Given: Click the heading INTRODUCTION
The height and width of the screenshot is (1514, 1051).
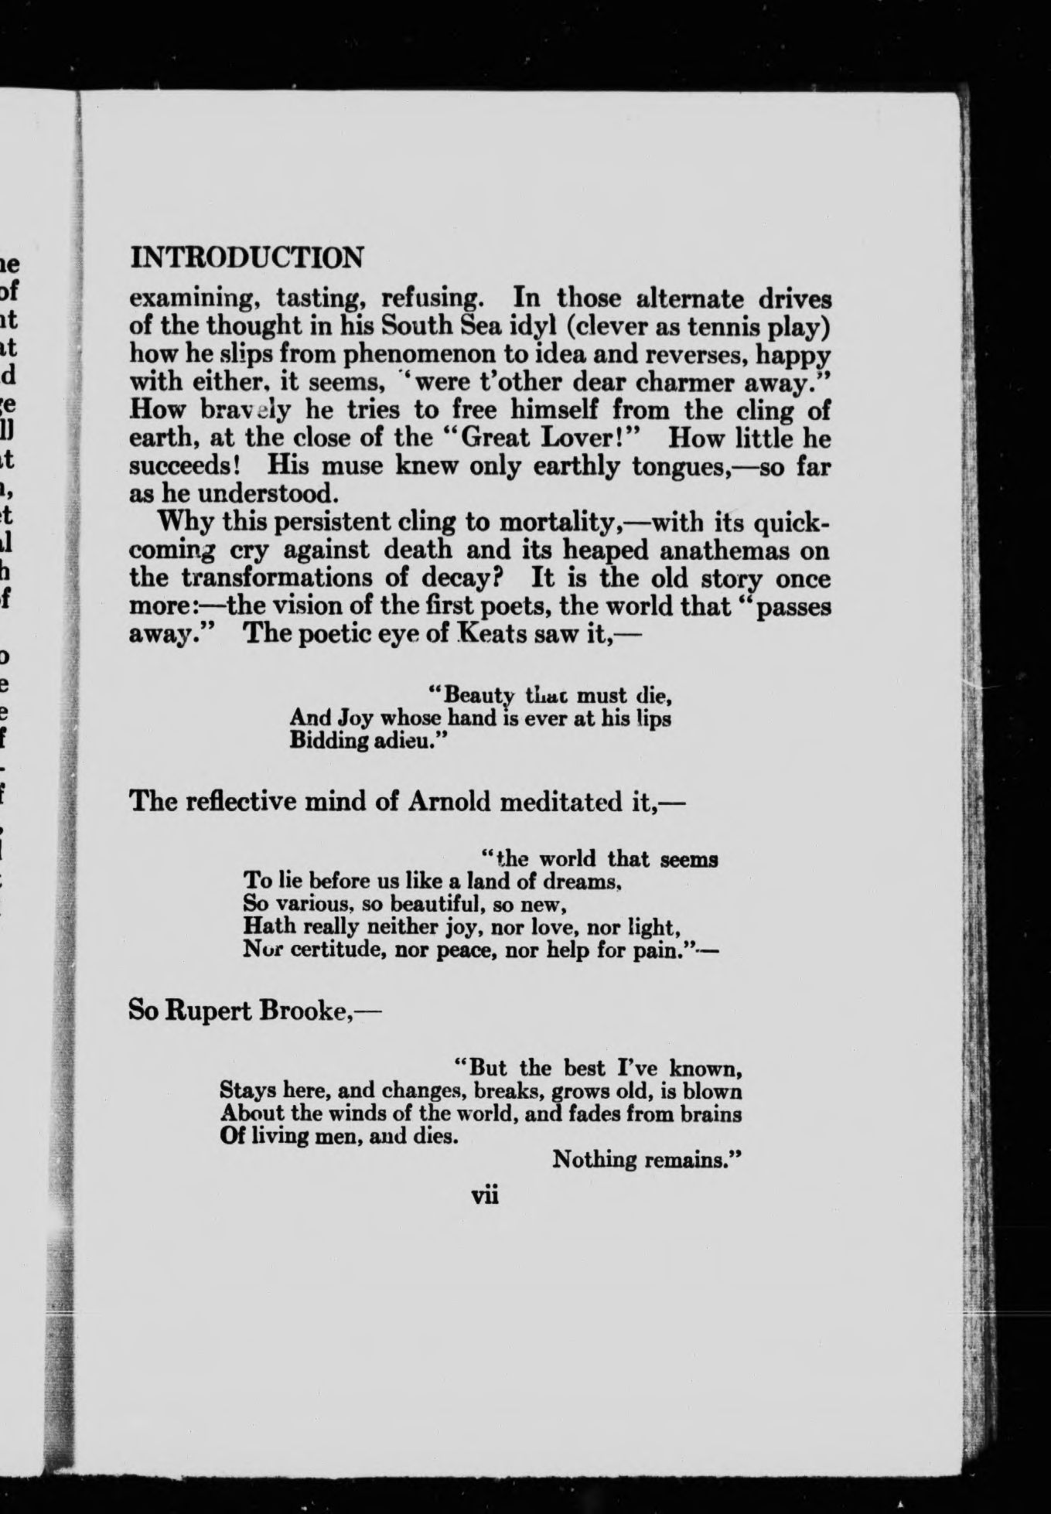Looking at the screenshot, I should (x=247, y=257).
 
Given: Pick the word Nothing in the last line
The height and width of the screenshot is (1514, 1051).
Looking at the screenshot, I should (x=595, y=1159).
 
